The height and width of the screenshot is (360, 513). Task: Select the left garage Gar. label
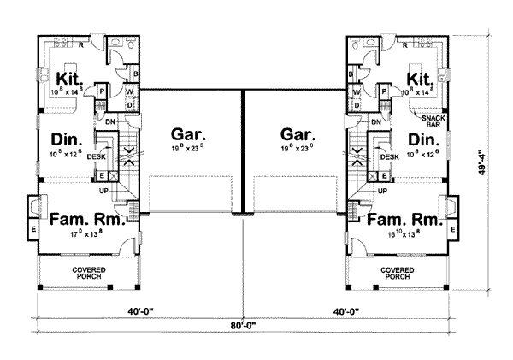186,134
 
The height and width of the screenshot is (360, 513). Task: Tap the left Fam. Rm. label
82,220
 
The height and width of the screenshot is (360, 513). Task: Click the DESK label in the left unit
96,157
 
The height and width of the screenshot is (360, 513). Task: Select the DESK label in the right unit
389,157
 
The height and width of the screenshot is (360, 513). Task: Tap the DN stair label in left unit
110,122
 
